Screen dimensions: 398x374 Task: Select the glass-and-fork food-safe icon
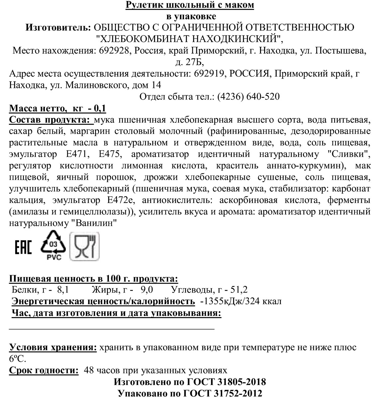pos(85,246)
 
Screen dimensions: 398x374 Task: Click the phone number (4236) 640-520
pos(248,97)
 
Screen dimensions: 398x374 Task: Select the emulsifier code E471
pos(78,154)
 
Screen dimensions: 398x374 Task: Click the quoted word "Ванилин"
pos(94,223)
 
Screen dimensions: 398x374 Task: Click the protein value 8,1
pos(63,290)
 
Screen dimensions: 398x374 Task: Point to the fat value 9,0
pos(146,290)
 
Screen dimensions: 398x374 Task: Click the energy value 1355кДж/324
pos(232,301)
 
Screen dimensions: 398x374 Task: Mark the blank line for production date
pos(112,328)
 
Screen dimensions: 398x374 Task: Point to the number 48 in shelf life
pos(89,370)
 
